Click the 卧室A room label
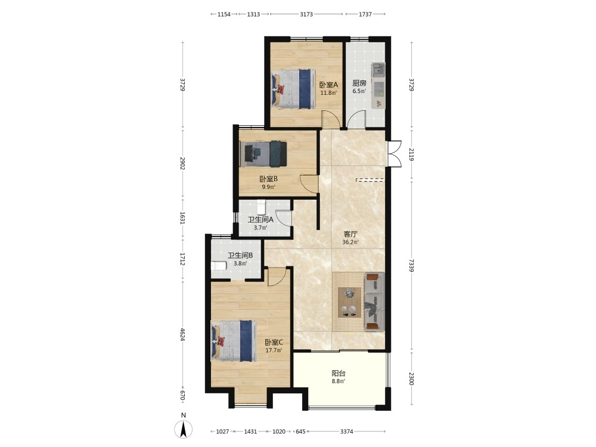(328, 85)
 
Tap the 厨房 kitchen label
(359, 83)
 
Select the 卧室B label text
(269, 179)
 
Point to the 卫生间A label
(260, 220)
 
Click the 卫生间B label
(240, 256)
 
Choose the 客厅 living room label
(350, 234)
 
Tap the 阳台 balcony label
(339, 373)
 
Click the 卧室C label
(274, 343)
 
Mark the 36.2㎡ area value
(350, 242)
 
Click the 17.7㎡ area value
(274, 350)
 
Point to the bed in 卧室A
(293, 89)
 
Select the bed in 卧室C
(234, 340)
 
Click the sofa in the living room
(374, 302)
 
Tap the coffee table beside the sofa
(349, 302)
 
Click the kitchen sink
(378, 70)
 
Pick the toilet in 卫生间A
(261, 207)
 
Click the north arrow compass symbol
(183, 429)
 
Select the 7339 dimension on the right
(411, 265)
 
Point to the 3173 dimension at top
(306, 14)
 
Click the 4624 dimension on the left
(183, 334)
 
